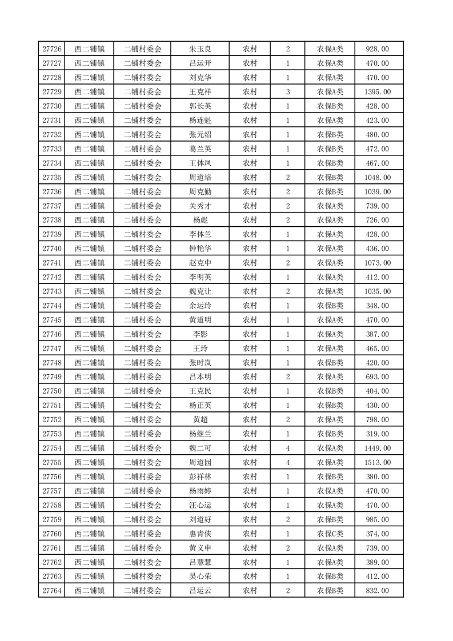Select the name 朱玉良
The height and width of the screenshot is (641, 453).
pyautogui.click(x=200, y=49)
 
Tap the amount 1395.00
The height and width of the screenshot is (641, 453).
pyautogui.click(x=377, y=92)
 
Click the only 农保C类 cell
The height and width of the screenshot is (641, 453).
pyautogui.click(x=330, y=534)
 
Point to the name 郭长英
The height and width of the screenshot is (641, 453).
pyautogui.click(x=200, y=106)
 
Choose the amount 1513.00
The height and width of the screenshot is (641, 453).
pyautogui.click(x=377, y=462)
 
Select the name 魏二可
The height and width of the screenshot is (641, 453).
pyautogui.click(x=200, y=448)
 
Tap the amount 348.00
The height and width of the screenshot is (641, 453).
pyautogui.click(x=377, y=306)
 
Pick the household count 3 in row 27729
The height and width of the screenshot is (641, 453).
pyautogui.click(x=287, y=92)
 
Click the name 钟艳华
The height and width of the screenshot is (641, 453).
pyautogui.click(x=200, y=249)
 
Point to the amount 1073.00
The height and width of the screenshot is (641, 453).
pyautogui.click(x=377, y=263)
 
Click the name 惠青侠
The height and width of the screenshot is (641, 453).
pyautogui.click(x=200, y=534)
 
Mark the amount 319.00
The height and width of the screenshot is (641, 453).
pyautogui.click(x=377, y=434)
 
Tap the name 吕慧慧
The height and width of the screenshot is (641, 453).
pyautogui.click(x=200, y=562)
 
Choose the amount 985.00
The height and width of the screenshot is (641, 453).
pyautogui.click(x=377, y=519)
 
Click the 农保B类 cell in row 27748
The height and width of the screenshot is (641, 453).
pyautogui.click(x=330, y=363)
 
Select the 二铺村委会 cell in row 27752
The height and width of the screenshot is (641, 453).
pyautogui.click(x=143, y=419)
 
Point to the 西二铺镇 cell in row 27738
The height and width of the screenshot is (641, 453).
pyautogui.click(x=89, y=220)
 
